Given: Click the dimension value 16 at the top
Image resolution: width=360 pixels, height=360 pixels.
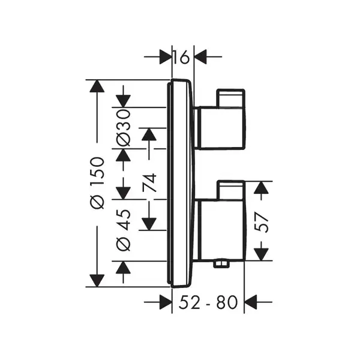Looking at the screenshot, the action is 181,57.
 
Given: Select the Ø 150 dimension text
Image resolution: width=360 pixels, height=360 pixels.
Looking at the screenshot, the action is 97,183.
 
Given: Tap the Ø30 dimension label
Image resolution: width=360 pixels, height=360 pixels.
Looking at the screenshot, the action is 124,128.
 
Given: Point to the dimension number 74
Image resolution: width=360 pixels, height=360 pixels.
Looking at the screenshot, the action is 149,183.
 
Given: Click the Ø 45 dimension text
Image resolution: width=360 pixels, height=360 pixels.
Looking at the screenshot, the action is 124,230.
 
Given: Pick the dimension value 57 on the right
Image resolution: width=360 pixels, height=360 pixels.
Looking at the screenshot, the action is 261,223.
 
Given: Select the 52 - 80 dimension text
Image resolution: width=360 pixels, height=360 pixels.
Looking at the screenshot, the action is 208,302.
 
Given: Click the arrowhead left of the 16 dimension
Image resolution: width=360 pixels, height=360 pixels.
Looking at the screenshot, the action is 166,56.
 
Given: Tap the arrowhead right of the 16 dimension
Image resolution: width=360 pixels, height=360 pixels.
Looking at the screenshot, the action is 200,56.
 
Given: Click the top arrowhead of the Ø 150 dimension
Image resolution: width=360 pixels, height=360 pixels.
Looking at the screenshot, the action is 97,86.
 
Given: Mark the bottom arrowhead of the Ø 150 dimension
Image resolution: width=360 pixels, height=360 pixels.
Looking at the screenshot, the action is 97,281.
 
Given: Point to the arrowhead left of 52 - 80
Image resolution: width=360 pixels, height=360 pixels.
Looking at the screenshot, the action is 166,302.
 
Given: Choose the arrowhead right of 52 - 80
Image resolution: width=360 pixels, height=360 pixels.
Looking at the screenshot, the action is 250,302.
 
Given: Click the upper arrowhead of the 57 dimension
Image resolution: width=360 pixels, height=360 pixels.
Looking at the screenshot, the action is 261,188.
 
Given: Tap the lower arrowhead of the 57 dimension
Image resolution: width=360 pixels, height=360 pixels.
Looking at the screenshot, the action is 261,254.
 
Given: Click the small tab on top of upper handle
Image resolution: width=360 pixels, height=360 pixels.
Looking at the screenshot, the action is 230,98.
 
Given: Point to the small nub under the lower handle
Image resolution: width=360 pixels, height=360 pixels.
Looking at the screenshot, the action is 221,264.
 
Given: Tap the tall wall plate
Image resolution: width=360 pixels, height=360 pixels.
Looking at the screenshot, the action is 181,183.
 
